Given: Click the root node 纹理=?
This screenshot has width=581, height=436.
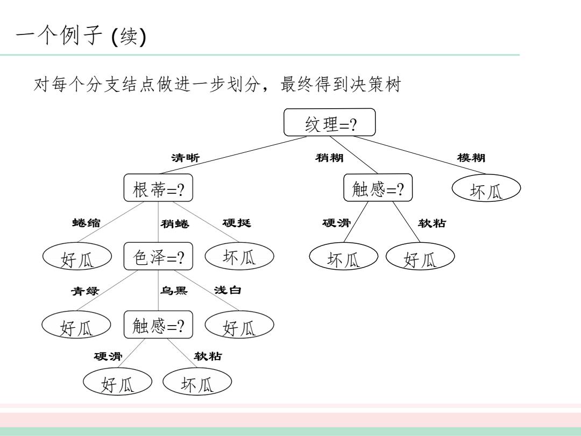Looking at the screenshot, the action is [329, 122].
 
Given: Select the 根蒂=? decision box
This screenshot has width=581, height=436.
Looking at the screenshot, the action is [158, 188].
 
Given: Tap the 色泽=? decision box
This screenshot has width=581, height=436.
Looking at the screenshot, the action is [158, 256].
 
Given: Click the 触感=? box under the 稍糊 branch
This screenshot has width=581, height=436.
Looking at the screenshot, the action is [378, 188].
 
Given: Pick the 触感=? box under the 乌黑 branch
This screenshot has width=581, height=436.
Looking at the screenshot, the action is [158, 325].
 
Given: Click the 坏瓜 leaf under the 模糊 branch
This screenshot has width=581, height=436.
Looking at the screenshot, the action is [486, 188].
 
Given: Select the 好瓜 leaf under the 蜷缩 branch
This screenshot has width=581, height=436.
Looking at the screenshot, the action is [77, 256].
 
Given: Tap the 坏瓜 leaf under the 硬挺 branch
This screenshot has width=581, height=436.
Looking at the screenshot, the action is [239, 256].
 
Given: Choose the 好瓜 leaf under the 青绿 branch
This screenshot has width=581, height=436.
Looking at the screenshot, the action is [76, 325].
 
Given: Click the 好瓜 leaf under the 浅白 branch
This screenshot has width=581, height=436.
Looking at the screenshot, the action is [239, 325].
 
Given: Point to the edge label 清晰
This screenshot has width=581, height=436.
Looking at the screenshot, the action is [185, 158].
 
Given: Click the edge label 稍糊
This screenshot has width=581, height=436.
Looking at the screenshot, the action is [329, 158].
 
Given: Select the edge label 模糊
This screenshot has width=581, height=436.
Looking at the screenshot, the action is [471, 158].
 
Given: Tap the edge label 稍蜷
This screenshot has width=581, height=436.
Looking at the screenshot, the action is [175, 223].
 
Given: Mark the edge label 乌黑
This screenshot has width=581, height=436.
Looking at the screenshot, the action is [174, 290].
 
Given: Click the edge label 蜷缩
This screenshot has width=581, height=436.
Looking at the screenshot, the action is [86, 223].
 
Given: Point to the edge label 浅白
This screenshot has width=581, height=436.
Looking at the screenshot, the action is [228, 290].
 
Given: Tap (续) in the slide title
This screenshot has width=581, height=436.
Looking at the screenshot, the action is [129, 37].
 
